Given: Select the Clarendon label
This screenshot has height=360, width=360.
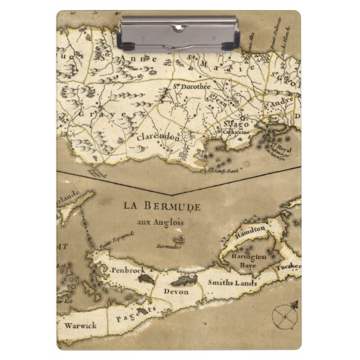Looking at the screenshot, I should (158, 137).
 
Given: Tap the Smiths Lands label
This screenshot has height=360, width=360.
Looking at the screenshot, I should (230, 281).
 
